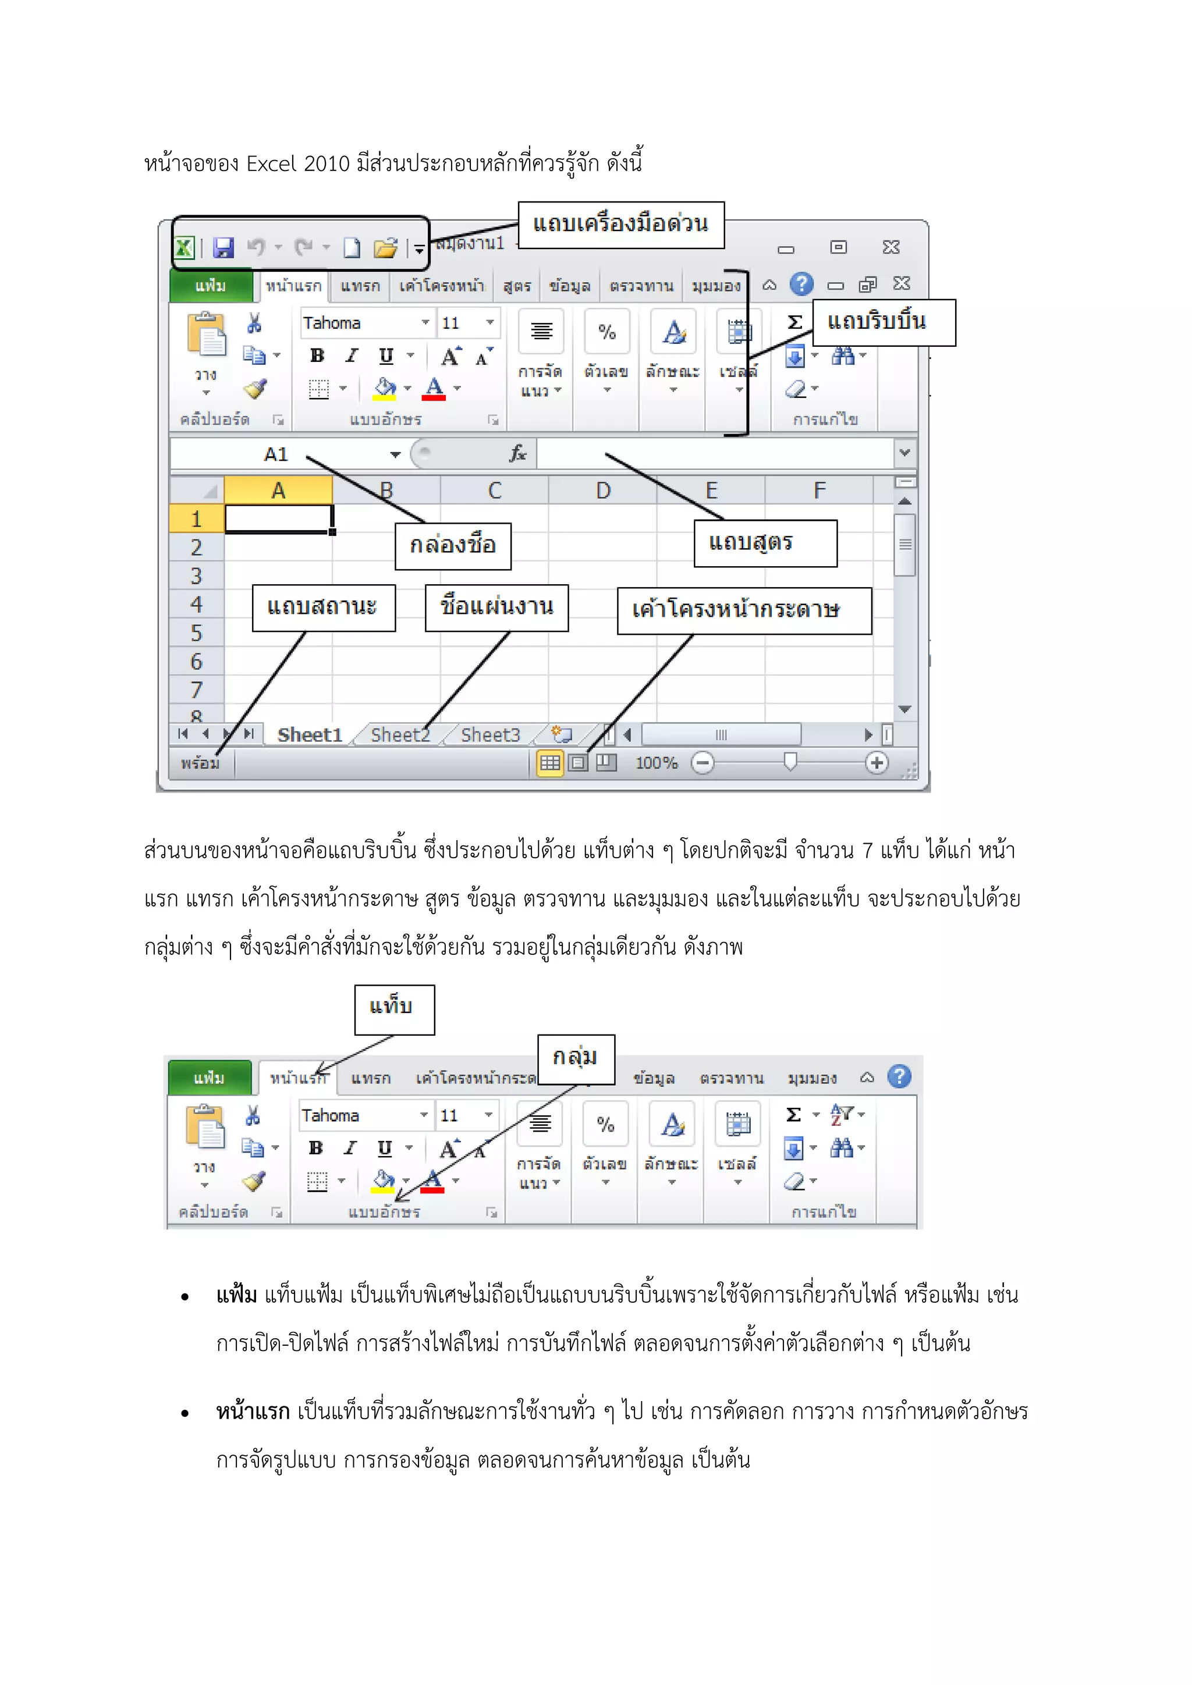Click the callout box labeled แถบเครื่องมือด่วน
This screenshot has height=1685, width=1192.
[x=621, y=225]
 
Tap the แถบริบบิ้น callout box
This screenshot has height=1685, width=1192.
[x=884, y=322]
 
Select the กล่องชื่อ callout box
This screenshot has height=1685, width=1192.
[x=453, y=546]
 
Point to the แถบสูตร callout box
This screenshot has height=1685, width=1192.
[x=765, y=543]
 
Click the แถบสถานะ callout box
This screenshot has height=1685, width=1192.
[x=324, y=607]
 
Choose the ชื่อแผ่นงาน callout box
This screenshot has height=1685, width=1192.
[x=496, y=607]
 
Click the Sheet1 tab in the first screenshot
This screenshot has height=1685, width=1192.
[x=309, y=735]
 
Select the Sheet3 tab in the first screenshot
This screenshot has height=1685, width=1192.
[x=489, y=735]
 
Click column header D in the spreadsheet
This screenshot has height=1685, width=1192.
[x=602, y=490]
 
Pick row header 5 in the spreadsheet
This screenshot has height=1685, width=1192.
[x=196, y=632]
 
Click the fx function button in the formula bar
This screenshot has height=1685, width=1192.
[x=517, y=453]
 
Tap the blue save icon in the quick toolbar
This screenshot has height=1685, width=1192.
[x=223, y=248]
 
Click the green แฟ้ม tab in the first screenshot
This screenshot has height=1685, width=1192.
[x=211, y=286]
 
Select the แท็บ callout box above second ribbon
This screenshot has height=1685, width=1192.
[x=394, y=1009]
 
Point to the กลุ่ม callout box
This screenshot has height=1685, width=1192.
[x=576, y=1058]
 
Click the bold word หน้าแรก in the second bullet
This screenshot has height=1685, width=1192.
[x=253, y=1412]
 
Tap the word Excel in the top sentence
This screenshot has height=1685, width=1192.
[x=271, y=163]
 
